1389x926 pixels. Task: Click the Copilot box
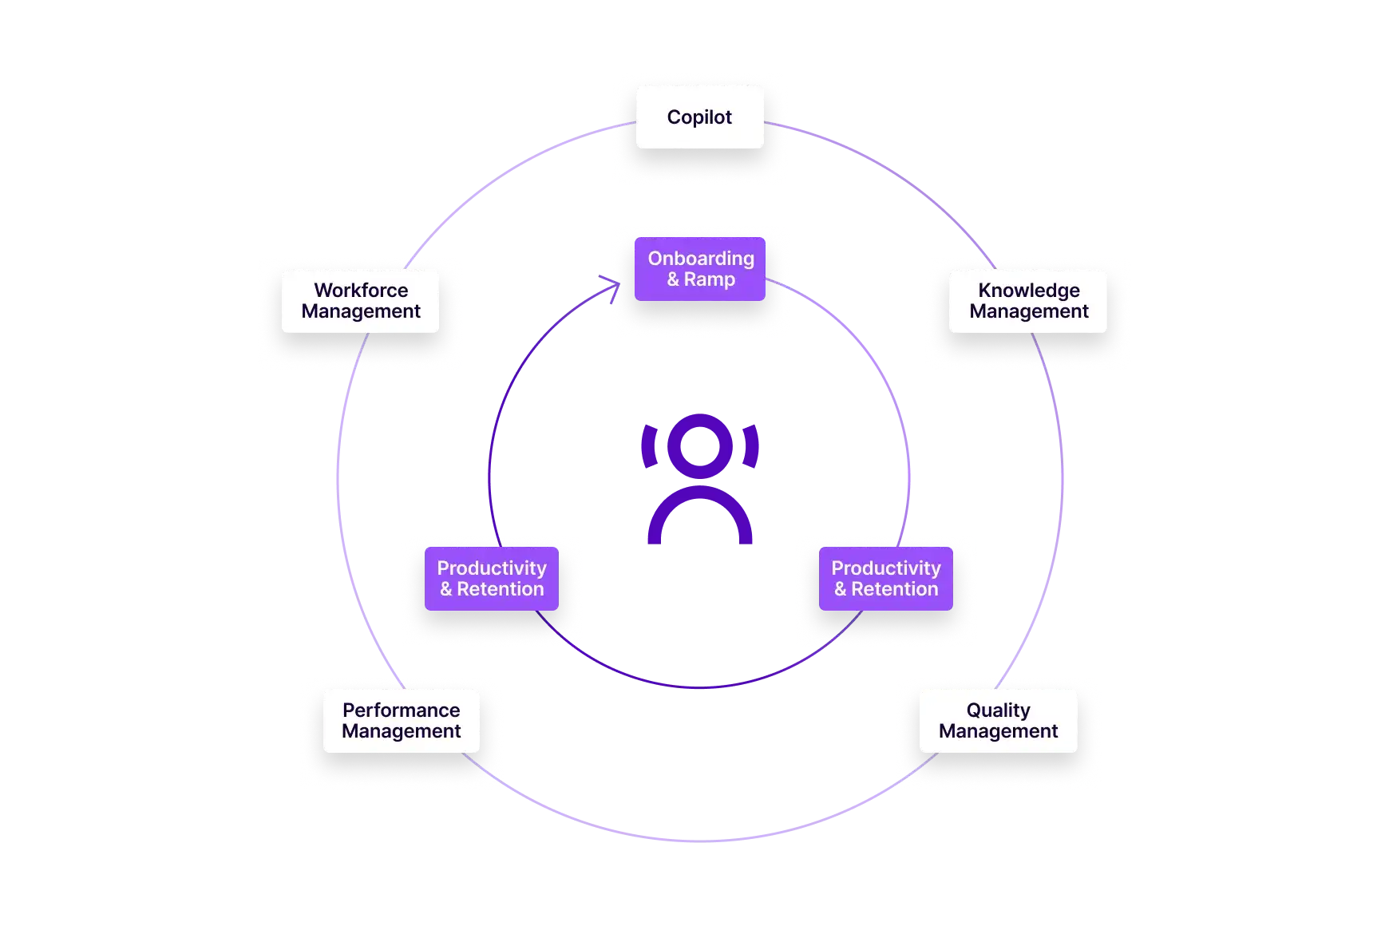tap(699, 117)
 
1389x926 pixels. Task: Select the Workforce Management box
tap(360, 301)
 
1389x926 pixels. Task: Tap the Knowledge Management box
tap(1028, 301)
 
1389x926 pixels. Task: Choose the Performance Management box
tap(401, 721)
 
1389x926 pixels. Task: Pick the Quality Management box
tap(998, 721)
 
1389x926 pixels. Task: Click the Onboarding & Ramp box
tap(700, 269)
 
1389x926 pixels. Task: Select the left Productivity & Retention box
tap(491, 579)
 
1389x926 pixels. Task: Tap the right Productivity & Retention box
tap(885, 579)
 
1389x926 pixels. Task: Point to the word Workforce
tap(361, 291)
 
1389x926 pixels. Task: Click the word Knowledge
tap(1029, 291)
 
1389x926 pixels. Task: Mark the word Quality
tap(998, 710)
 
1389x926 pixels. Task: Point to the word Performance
tap(401, 710)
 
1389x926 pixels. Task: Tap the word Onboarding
tap(701, 259)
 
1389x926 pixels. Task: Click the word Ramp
tap(710, 279)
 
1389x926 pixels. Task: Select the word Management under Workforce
tap(361, 311)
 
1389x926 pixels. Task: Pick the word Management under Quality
tap(998, 731)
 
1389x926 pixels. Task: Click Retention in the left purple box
tap(501, 589)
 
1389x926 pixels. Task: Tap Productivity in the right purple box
tap(885, 568)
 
